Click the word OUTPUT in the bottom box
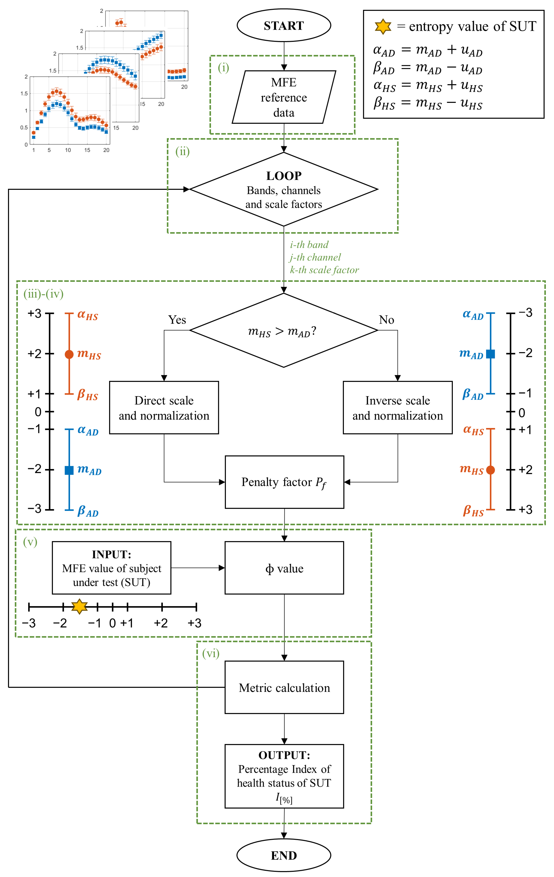point(284,755)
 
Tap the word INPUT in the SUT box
point(111,554)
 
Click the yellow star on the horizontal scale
point(79,606)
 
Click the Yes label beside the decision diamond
point(177,320)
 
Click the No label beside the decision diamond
point(386,320)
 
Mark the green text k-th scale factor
point(324,270)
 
